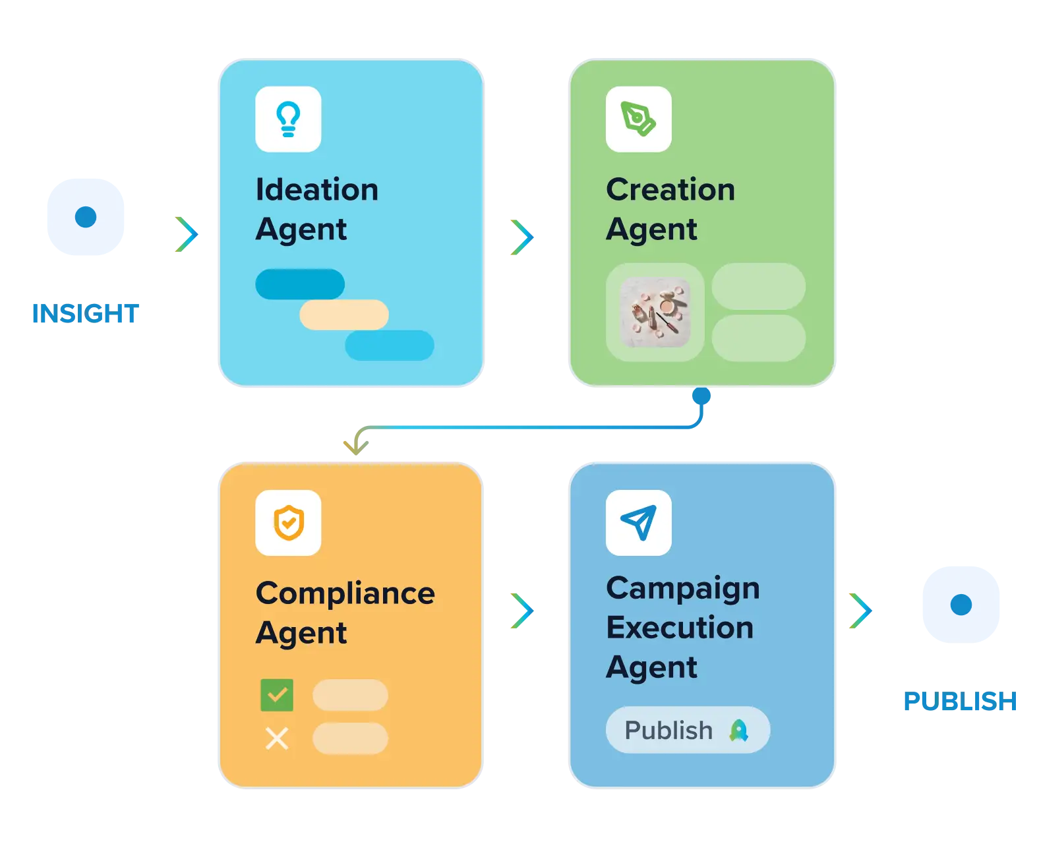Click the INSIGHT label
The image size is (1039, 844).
[85, 313]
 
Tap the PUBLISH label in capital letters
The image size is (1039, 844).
[959, 700]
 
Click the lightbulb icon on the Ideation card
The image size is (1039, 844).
[288, 119]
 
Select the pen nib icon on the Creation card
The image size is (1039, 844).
[638, 119]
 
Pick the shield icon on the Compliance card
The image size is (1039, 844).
[288, 522]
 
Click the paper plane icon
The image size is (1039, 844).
[638, 522]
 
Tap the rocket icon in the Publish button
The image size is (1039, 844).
[738, 730]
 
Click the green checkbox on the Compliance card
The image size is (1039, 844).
[277, 694]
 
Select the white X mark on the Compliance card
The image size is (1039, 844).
[277, 738]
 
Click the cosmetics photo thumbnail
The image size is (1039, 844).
[655, 312]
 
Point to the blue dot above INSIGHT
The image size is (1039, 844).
[85, 217]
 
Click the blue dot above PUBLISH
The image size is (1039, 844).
[961, 605]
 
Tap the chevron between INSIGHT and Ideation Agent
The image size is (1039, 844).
[187, 234]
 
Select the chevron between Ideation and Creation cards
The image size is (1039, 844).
[522, 237]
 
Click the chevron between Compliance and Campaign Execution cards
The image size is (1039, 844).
[522, 611]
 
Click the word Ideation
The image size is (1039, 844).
[317, 189]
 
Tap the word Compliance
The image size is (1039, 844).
[345, 593]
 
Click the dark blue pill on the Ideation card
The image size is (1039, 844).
[299, 284]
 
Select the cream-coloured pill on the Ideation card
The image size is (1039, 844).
[344, 315]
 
